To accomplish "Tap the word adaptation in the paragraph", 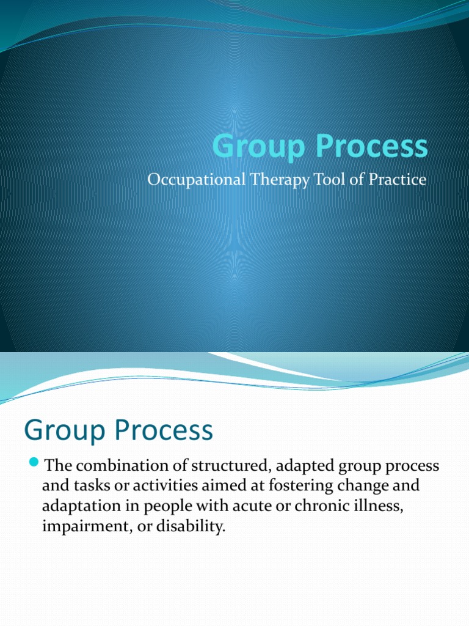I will tap(76, 507).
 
